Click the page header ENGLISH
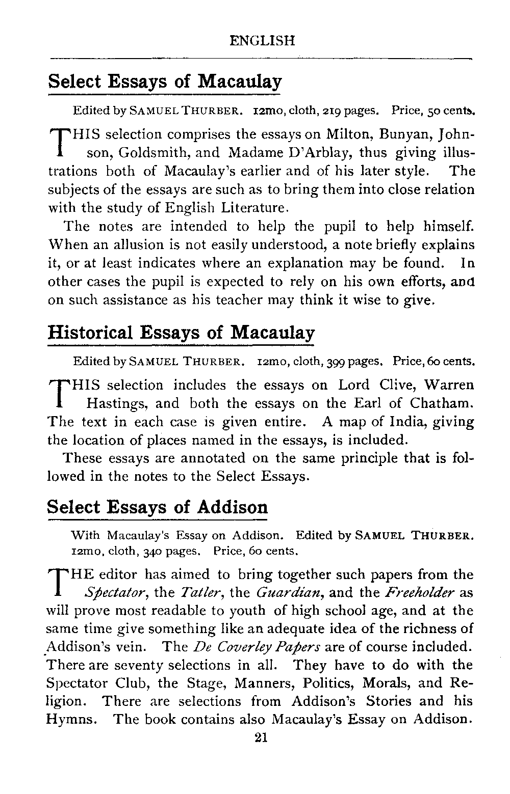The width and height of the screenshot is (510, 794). tap(262, 41)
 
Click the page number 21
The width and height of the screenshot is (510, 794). tap(261, 738)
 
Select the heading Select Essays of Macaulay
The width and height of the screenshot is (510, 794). tap(164, 81)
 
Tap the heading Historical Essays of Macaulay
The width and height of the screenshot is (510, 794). tap(181, 333)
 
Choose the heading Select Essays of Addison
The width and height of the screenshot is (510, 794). tap(157, 507)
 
